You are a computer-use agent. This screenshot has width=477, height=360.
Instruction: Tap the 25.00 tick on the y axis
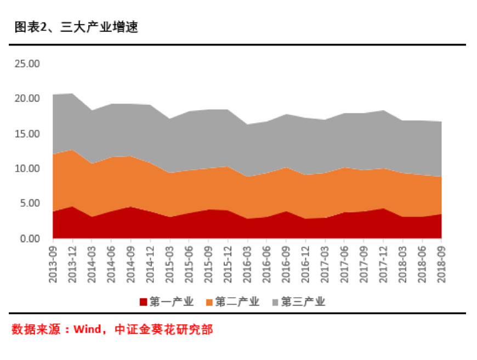coord(27,64)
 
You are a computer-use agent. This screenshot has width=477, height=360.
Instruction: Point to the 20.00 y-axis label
coord(27,99)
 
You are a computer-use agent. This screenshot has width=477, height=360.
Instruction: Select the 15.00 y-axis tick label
coord(27,134)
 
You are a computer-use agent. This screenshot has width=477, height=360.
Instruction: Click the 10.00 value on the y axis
coord(27,169)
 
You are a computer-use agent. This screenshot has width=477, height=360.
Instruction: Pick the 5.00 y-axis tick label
coord(29,204)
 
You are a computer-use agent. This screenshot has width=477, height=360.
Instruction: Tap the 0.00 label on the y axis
coord(29,239)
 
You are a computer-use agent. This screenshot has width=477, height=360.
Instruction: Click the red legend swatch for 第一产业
coord(143,301)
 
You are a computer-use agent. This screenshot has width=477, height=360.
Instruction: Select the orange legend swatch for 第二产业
coord(209,301)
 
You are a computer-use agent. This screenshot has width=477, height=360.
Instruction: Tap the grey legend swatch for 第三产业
coord(275,301)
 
